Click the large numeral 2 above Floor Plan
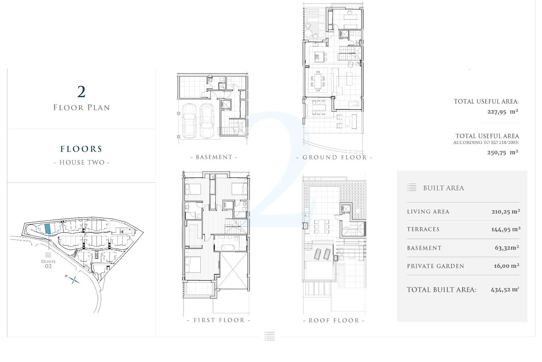[x=81, y=92]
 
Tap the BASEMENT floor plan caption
[x=214, y=157]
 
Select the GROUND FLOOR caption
[x=335, y=158]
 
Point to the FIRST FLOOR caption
[x=219, y=320]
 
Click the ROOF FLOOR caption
[x=334, y=321]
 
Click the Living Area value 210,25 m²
[x=506, y=212]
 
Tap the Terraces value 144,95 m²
[x=506, y=229]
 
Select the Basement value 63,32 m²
[x=507, y=248]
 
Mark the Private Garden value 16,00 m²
[x=506, y=266]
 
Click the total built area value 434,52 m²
[x=505, y=290]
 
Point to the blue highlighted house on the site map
[x=48, y=229]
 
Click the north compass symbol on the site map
[x=73, y=279]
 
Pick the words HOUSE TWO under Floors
[x=82, y=163]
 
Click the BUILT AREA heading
[x=443, y=188]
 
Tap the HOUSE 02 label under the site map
[x=48, y=264]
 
